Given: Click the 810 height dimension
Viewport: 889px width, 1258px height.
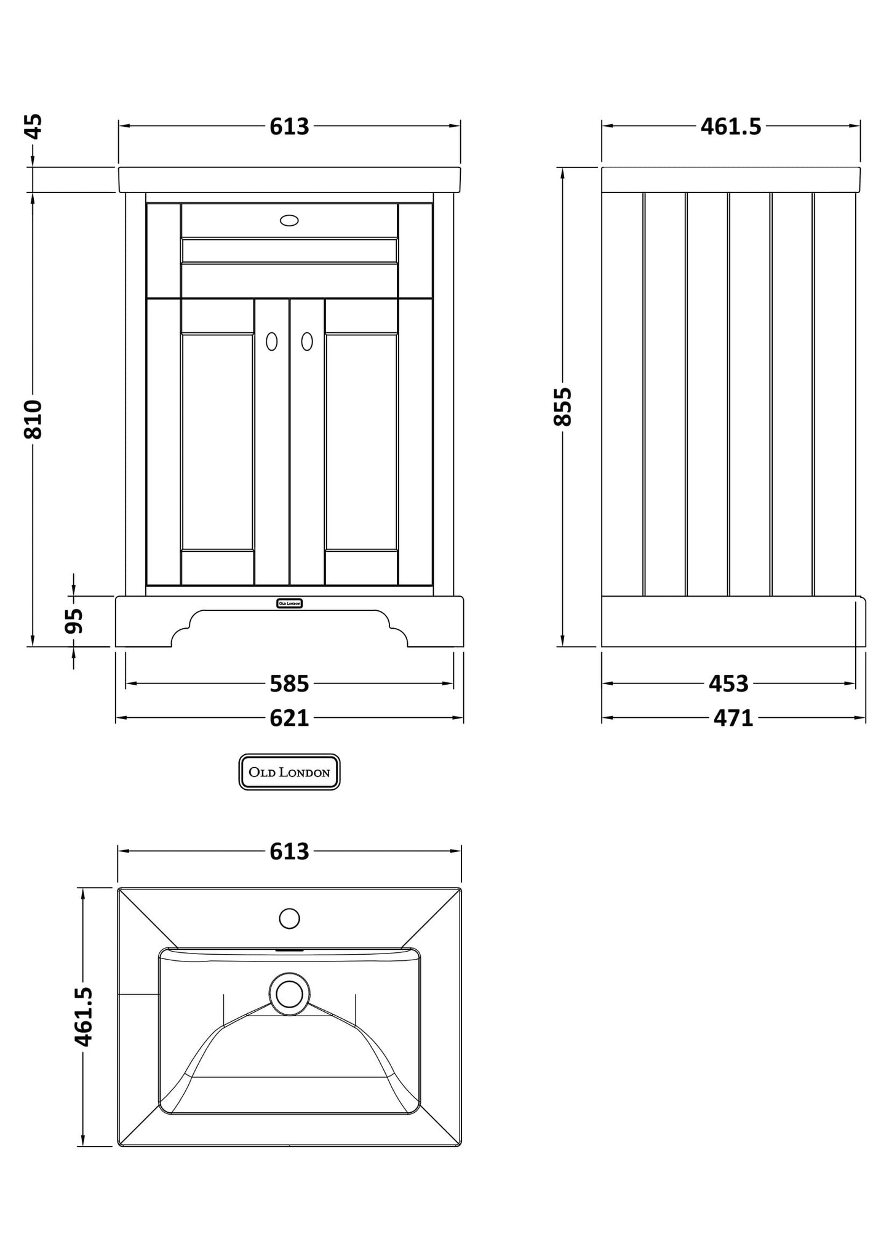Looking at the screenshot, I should click(x=34, y=420).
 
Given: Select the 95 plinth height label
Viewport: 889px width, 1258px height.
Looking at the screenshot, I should click(x=74, y=621).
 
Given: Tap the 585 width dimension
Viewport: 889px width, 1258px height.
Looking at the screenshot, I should click(x=289, y=683).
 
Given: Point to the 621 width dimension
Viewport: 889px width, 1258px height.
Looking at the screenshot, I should click(x=289, y=718).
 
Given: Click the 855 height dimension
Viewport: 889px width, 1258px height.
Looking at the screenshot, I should click(x=563, y=406).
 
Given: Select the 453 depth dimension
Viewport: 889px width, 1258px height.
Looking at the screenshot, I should click(x=728, y=683).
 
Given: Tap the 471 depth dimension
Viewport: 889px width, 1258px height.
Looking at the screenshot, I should click(x=733, y=718).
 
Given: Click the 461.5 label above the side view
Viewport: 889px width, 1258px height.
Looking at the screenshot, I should click(x=731, y=127).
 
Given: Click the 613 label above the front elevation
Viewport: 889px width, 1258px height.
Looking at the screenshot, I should click(x=289, y=127).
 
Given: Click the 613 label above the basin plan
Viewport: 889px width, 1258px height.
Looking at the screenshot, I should click(x=289, y=851).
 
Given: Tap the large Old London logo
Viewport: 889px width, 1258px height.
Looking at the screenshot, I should click(x=289, y=772).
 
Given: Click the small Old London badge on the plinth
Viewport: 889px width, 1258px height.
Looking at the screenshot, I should click(x=289, y=603).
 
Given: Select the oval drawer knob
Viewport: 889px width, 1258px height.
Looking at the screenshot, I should click(x=289, y=220).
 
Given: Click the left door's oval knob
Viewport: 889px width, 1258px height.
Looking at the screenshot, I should click(x=271, y=341).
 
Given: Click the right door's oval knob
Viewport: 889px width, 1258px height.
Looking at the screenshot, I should click(x=307, y=341).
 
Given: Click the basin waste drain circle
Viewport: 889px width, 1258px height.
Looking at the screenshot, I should click(x=289, y=994).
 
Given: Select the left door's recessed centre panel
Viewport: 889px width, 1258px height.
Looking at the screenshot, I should click(x=218, y=442).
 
